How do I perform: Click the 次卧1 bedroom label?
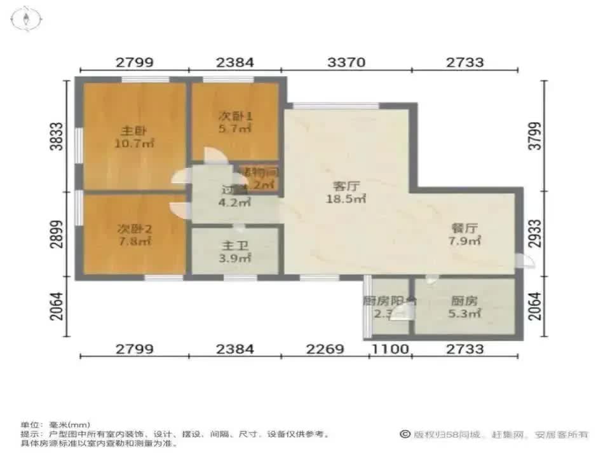[236, 116]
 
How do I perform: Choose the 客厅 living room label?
[347, 186]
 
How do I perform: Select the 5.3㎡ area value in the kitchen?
[464, 313]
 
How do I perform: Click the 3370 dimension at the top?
[347, 62]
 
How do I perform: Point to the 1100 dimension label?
[390, 349]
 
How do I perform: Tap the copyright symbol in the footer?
[404, 434]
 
